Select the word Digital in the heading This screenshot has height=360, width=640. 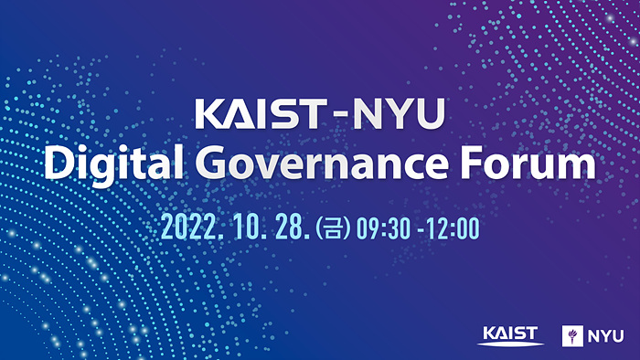(x=100, y=165)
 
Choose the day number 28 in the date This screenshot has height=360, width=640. (x=290, y=227)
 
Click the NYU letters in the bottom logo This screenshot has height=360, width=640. (x=604, y=334)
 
